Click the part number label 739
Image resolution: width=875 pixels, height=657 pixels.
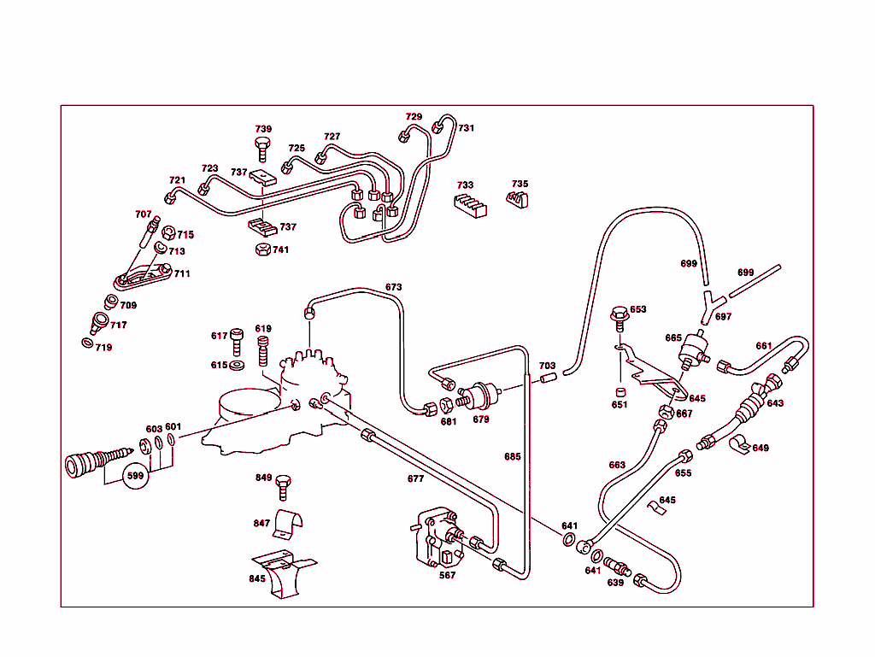[x=263, y=129]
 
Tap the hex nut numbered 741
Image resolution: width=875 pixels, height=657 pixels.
[x=263, y=249]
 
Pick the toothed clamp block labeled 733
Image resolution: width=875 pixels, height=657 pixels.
[x=469, y=206]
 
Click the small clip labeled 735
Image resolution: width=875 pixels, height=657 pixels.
[x=518, y=200]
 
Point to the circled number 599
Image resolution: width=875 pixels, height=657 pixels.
[x=135, y=475]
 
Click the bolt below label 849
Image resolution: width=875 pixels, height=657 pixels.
[x=285, y=488]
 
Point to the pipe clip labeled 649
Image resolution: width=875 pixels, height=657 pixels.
[x=737, y=446]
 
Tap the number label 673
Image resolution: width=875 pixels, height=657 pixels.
[x=393, y=287]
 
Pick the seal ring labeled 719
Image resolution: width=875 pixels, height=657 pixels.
[x=88, y=343]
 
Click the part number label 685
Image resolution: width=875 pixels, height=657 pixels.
[x=512, y=457]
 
